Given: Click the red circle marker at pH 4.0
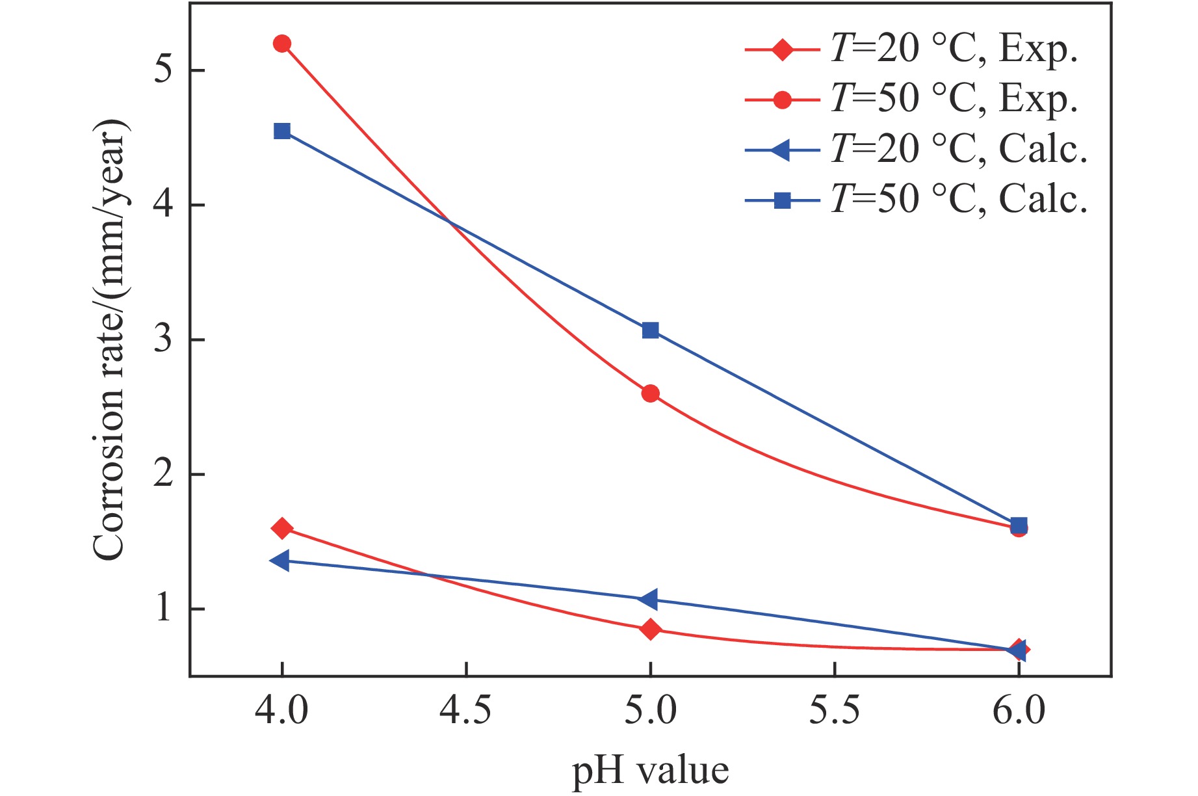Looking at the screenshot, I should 282,44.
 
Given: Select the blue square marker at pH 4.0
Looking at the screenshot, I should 282,131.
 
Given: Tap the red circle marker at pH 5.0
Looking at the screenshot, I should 651,393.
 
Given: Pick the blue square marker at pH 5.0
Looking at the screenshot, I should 651,330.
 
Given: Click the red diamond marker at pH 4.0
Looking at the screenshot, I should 282,528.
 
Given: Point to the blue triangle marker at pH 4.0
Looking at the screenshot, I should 281,560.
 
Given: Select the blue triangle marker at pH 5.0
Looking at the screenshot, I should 649,600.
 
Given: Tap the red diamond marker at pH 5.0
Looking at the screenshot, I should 651,629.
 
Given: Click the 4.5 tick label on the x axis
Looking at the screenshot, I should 466,710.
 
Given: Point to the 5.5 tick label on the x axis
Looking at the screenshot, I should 835,710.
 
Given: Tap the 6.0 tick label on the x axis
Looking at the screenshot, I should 1019,710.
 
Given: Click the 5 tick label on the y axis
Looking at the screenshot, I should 163,70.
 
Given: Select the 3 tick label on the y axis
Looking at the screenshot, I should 163,339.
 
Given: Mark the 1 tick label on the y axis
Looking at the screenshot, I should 163,609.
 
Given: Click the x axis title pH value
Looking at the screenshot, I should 650,771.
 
